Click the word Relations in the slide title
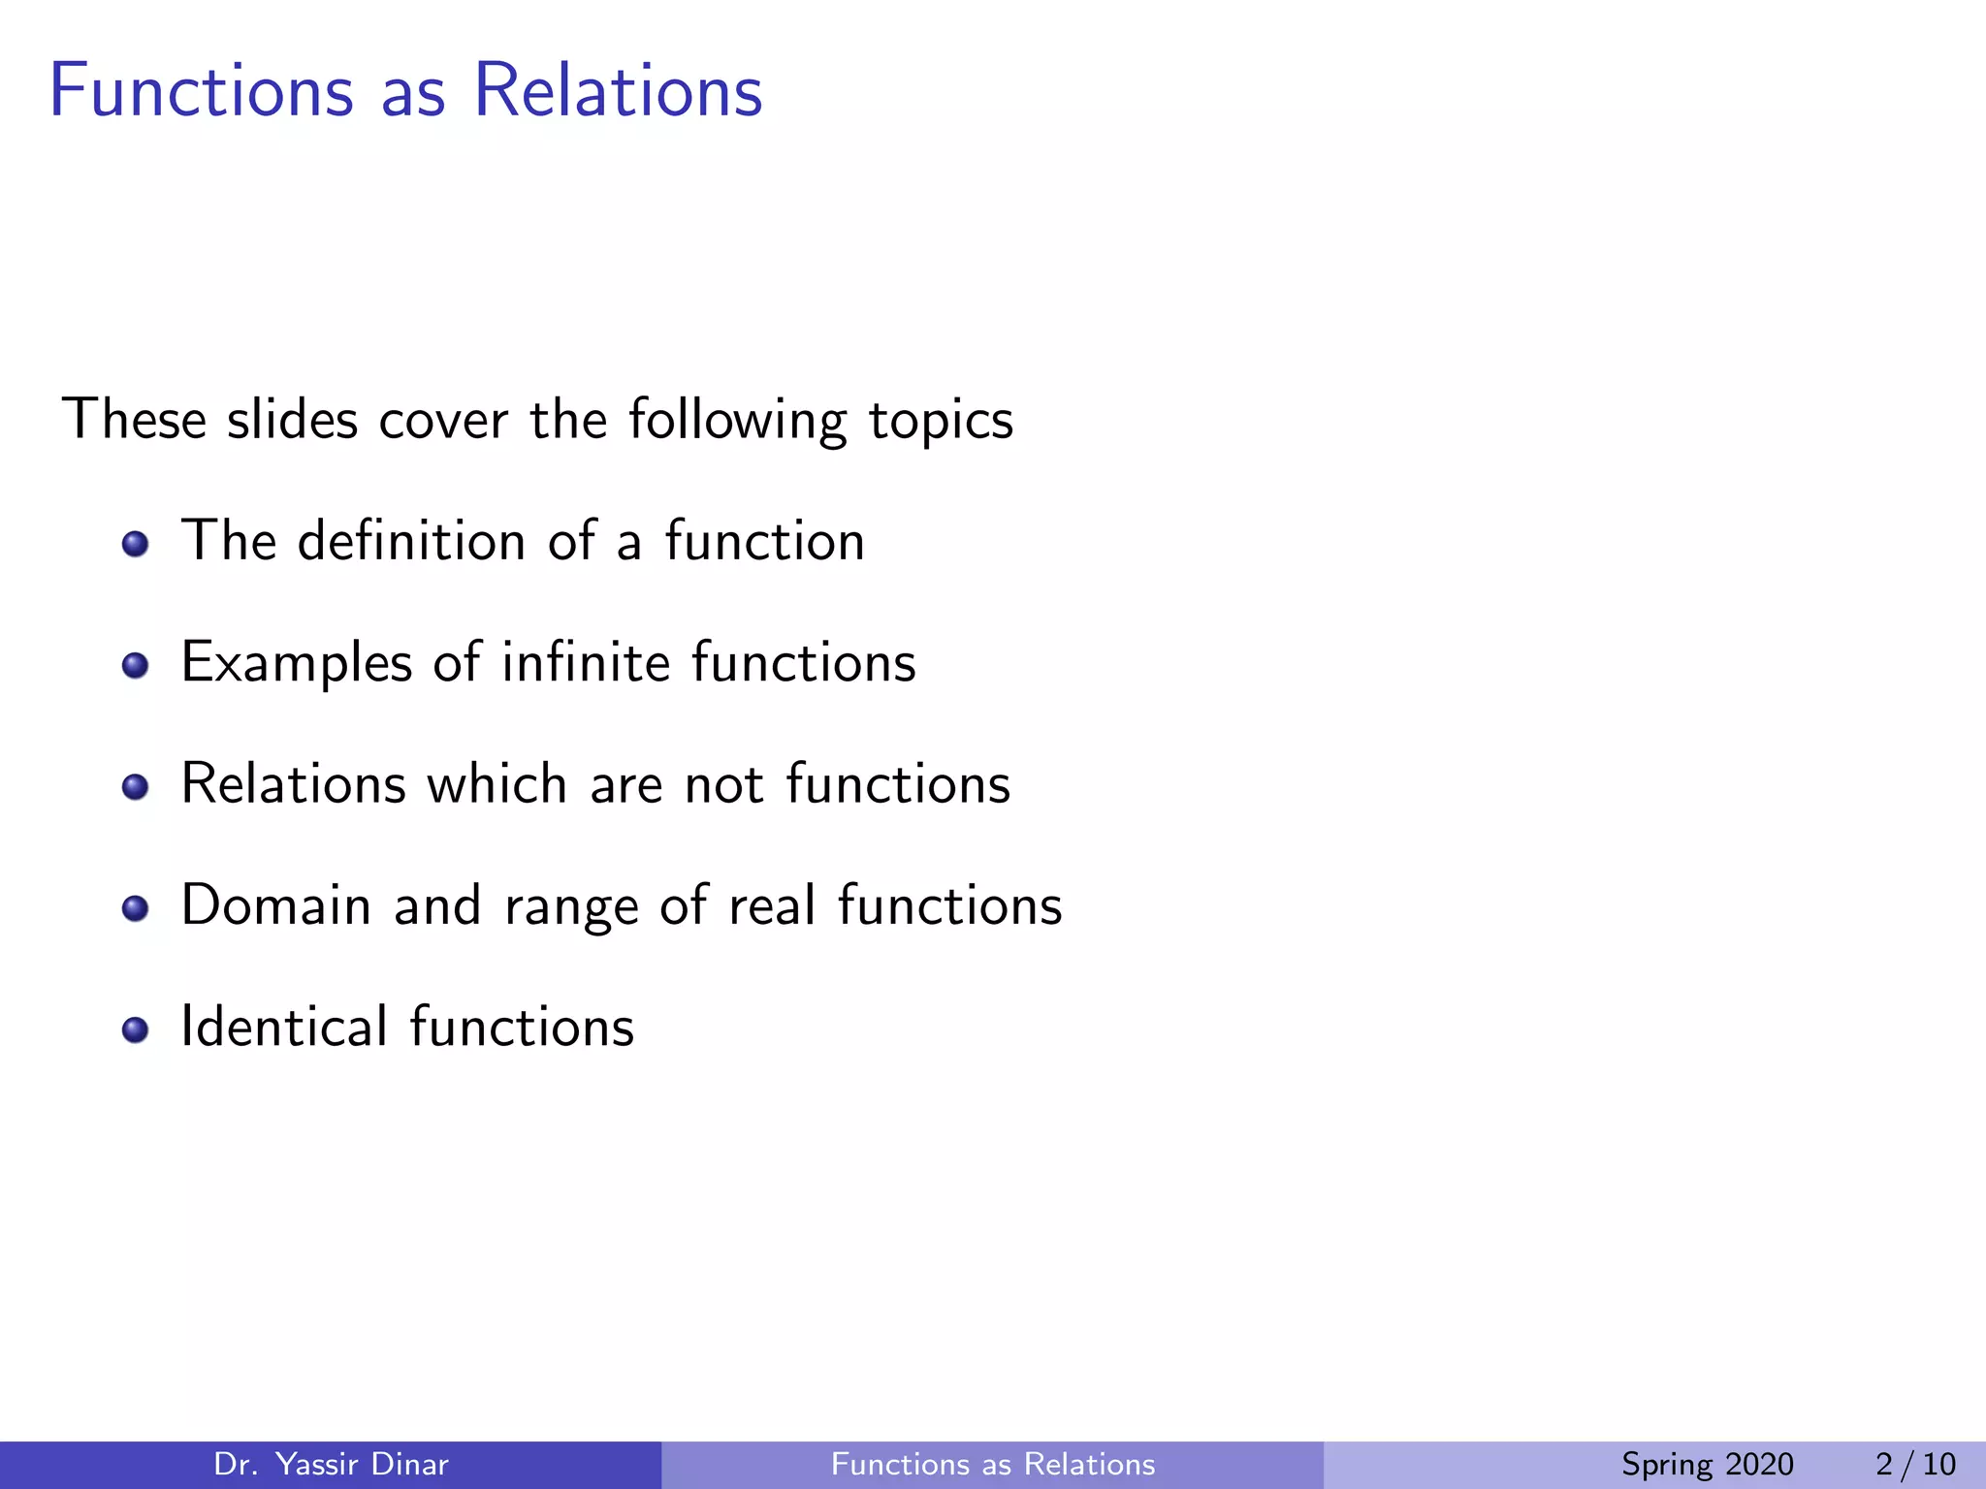(x=618, y=91)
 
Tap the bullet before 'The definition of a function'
(x=136, y=544)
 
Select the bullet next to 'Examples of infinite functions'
(x=136, y=665)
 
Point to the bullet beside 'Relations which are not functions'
(x=136, y=786)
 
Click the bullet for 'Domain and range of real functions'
(x=136, y=908)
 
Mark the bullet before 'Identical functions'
(x=136, y=1030)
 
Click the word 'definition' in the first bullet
(x=411, y=541)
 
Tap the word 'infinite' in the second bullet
(x=586, y=662)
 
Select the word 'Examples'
(x=297, y=664)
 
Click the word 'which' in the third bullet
(x=496, y=783)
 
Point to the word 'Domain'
(x=276, y=905)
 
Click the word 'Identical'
(x=284, y=1027)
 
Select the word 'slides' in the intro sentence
(x=292, y=420)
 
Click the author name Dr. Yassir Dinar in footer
(x=331, y=1464)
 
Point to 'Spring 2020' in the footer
(x=1707, y=1465)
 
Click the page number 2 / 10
(x=1915, y=1464)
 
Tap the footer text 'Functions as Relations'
(x=993, y=1464)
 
